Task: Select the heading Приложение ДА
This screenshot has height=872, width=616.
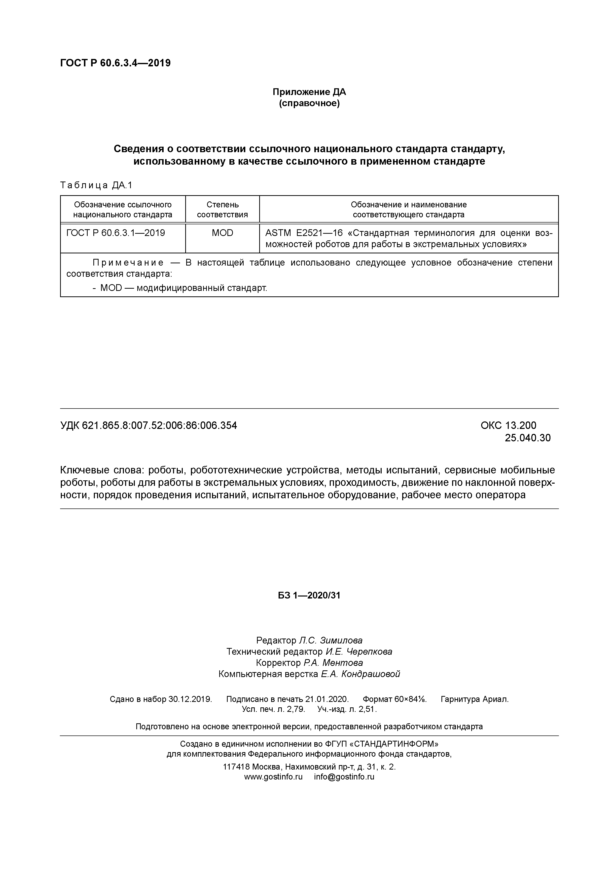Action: coord(309,92)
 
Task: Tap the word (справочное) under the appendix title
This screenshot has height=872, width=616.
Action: coord(309,103)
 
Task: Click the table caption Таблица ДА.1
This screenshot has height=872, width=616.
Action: coord(96,185)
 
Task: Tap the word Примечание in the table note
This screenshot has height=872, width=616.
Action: coord(128,263)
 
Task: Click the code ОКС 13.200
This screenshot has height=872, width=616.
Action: coord(508,425)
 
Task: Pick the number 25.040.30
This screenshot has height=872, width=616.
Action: coord(527,438)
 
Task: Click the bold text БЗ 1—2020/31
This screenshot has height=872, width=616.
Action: coord(309,595)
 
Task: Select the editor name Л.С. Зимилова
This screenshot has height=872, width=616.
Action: coord(330,640)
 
